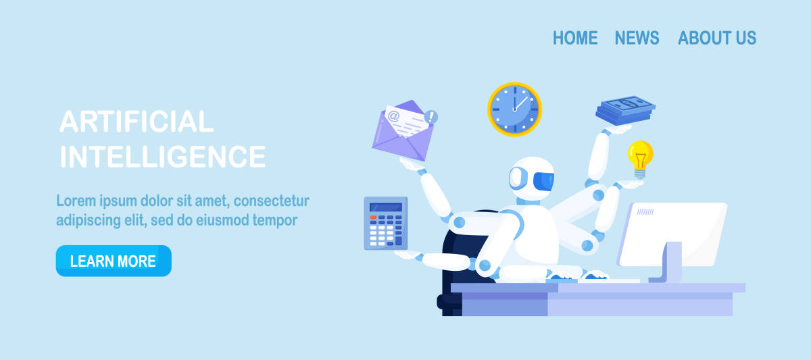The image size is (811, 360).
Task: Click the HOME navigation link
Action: point(575,38)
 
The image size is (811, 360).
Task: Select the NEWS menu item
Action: point(637,38)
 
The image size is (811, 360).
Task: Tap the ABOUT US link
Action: point(717,38)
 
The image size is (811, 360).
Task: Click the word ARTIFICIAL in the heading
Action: point(137,122)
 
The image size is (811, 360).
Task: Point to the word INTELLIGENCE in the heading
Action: point(163,157)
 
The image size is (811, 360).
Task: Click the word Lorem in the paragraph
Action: point(76,201)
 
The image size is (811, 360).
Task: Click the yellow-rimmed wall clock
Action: point(514,109)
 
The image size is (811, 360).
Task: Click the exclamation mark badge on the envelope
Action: point(431,117)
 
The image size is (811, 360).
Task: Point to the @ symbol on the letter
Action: point(393,116)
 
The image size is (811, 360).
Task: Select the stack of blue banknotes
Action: point(625,110)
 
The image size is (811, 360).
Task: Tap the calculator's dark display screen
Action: point(386,207)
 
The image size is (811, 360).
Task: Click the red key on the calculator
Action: point(373,217)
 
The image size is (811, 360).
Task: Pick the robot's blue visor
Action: point(543,181)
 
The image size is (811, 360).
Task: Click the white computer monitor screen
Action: point(672,234)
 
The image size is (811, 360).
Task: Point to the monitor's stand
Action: point(668,262)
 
